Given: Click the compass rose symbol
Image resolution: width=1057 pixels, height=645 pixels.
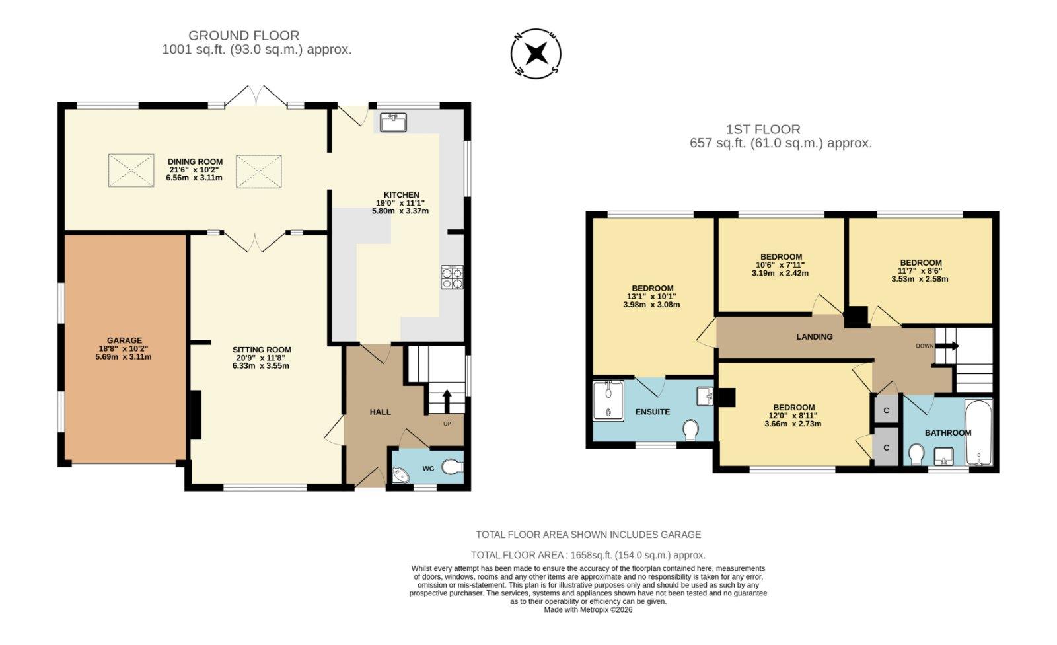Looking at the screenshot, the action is click(536, 54).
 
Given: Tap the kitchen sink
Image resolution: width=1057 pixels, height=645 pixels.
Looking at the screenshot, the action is click(394, 123).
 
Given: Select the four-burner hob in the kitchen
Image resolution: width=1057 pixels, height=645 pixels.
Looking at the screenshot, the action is click(452, 277).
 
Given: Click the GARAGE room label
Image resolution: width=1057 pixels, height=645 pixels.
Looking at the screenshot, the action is click(125, 340).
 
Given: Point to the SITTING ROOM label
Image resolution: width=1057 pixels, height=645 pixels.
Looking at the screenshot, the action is click(262, 350).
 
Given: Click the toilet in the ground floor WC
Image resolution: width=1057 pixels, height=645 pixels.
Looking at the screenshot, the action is click(453, 467).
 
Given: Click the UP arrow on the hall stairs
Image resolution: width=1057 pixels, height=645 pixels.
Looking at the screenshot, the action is click(447, 400).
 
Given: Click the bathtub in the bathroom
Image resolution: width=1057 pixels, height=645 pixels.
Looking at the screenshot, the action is click(978, 433).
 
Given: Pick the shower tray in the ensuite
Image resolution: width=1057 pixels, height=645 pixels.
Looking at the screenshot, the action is click(608, 400).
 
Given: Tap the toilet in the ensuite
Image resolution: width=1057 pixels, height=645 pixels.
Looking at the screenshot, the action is click(691, 430).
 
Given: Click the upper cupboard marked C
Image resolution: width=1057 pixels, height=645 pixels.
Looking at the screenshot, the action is click(886, 410).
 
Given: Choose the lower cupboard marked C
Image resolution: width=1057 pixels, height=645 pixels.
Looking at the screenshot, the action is click(886, 447).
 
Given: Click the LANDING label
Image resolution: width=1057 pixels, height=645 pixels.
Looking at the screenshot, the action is click(815, 336).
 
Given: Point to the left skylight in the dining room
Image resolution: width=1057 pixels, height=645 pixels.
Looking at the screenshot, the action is click(131, 171).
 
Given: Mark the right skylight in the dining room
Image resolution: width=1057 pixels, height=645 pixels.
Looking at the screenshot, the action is click(258, 171).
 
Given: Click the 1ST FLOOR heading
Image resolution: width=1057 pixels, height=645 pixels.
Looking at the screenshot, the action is click(763, 130).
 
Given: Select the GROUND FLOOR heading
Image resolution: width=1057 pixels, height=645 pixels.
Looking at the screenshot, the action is click(244, 36).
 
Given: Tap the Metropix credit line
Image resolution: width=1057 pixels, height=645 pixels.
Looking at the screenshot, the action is click(588, 609).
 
